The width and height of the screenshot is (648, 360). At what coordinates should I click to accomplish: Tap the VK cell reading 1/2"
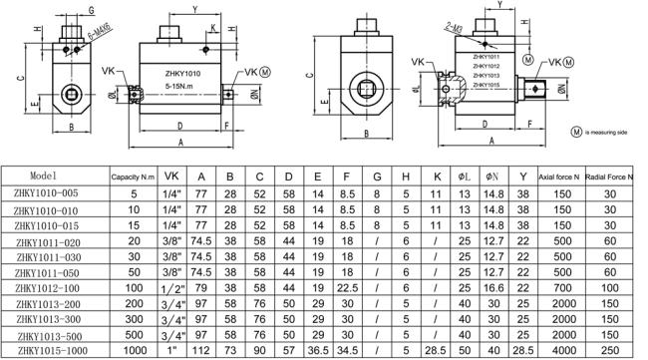point(170,287)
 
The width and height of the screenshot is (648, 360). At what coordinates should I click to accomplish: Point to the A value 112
point(202,352)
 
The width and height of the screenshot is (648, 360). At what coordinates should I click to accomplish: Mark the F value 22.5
point(346,287)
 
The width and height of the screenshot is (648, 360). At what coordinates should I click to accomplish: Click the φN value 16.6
point(492,287)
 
